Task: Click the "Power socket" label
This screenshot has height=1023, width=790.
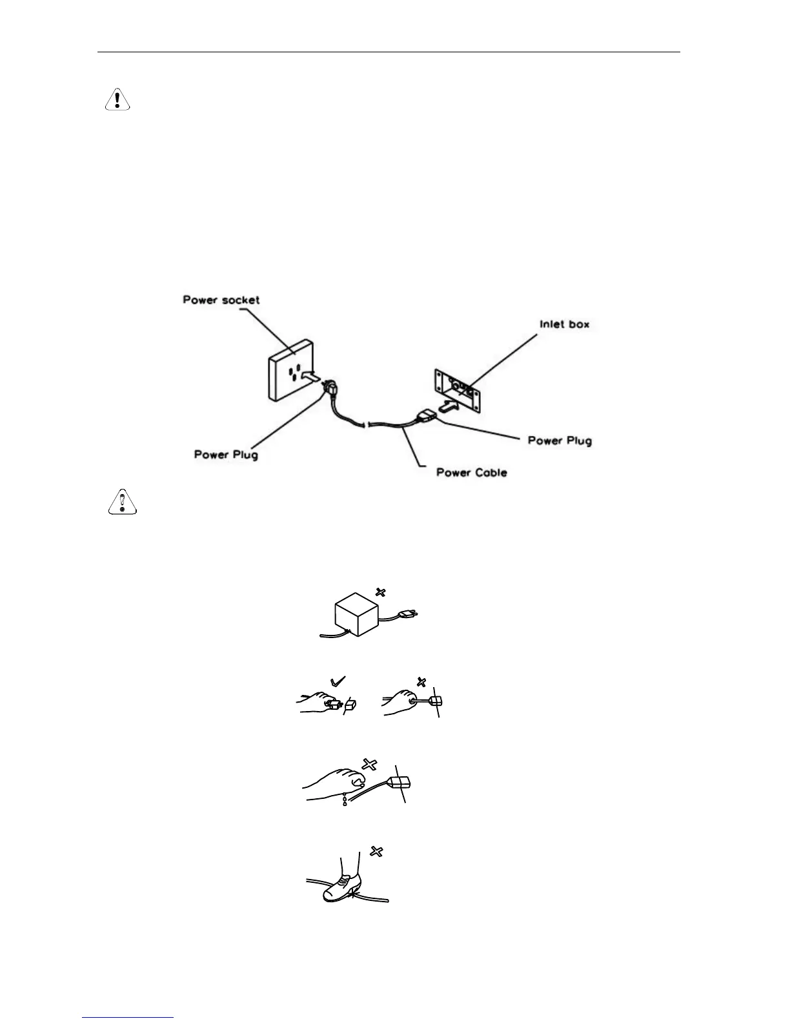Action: tap(221, 300)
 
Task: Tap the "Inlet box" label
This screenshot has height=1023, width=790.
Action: tap(564, 324)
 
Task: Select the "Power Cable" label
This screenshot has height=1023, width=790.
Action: tap(471, 473)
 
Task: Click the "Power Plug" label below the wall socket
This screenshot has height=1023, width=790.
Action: tap(226, 455)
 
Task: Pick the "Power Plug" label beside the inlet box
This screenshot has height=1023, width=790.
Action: tap(560, 440)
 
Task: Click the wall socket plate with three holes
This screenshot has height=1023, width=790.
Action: tap(292, 370)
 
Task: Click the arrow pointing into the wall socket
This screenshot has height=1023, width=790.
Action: tap(310, 377)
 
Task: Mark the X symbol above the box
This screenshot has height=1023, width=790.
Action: tap(381, 592)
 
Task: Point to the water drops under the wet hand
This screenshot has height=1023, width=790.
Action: tap(346, 801)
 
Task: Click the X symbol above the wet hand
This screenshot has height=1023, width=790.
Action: tap(369, 765)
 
